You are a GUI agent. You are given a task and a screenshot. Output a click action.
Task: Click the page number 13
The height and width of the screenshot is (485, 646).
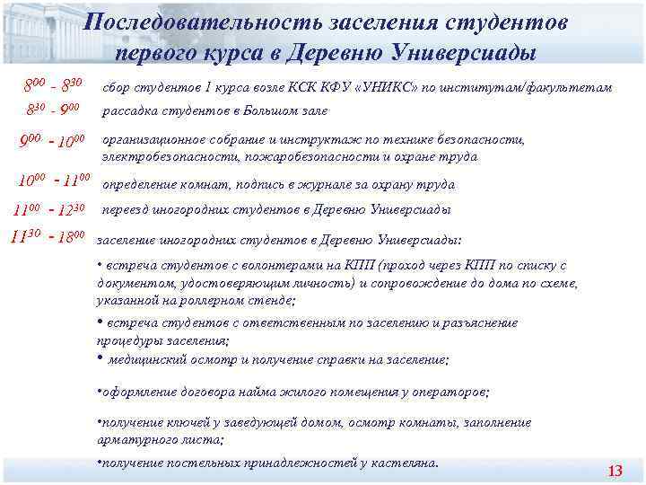coord(615,472)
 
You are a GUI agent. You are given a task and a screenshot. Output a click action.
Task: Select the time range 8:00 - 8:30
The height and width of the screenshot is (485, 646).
coord(54,86)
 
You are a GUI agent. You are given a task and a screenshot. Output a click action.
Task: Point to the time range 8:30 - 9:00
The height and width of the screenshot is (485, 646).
coord(54,111)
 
